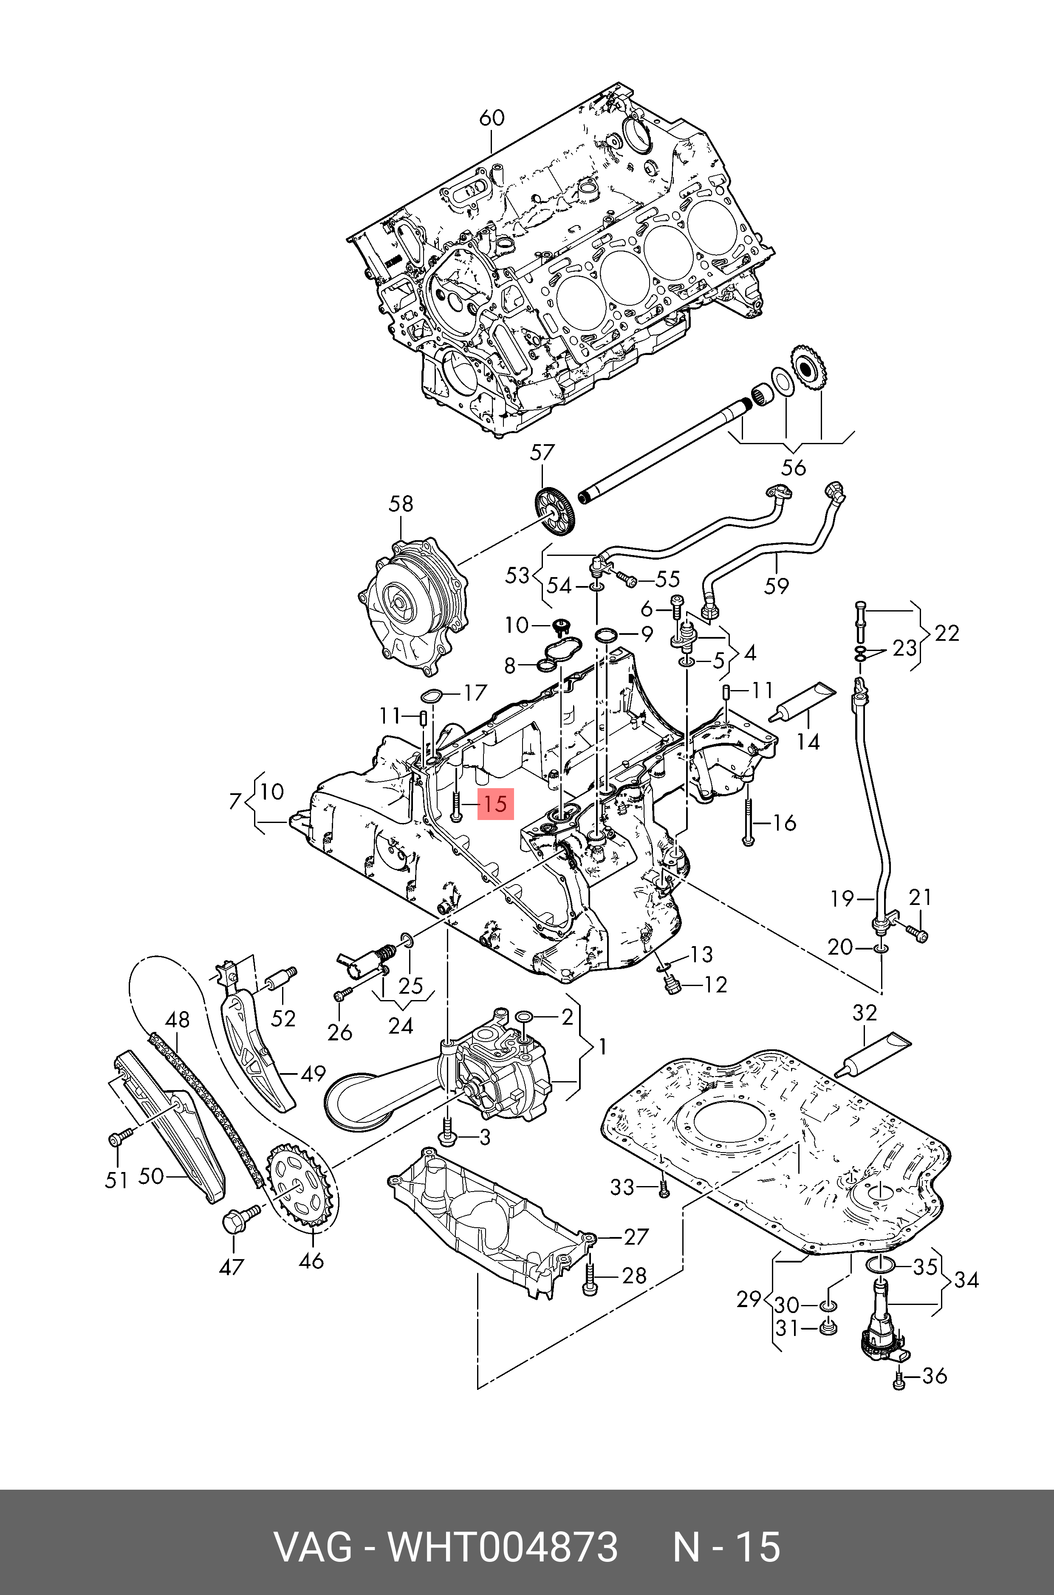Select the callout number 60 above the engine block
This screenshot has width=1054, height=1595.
[492, 118]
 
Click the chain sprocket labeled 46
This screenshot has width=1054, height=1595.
[298, 1191]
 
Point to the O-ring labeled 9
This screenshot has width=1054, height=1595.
[607, 634]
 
